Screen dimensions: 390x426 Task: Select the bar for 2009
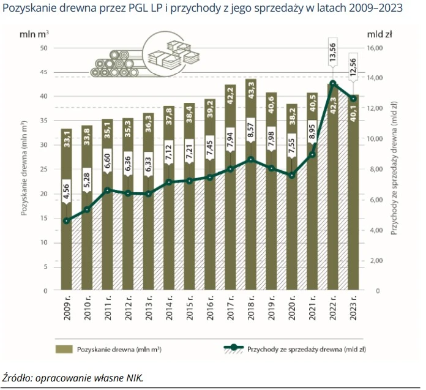click(x=66, y=245)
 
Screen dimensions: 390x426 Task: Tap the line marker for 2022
click(x=332, y=83)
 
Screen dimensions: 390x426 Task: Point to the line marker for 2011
click(x=108, y=190)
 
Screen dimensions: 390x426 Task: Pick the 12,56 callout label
click(x=353, y=66)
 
